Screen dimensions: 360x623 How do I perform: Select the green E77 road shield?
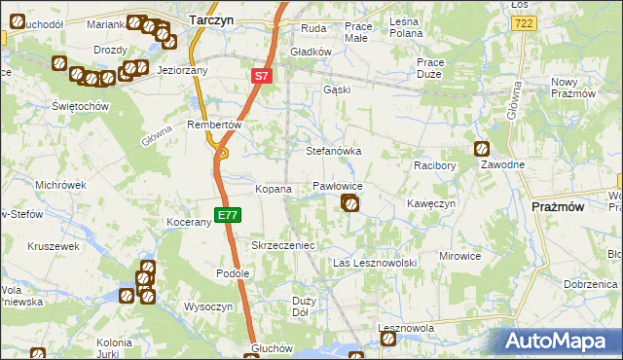point(226,214)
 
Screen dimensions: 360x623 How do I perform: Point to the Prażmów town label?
point(558,206)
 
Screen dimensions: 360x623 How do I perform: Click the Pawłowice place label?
point(338,185)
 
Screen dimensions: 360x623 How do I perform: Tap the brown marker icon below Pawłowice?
point(349,202)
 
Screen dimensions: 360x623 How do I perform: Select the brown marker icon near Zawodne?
point(482,149)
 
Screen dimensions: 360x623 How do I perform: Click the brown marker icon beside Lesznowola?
point(388,340)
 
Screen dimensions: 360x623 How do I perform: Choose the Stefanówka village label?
point(334,152)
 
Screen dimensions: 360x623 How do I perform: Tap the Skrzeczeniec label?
point(282,246)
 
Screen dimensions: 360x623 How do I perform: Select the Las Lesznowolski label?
point(375,263)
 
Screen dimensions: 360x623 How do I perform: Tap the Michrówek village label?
point(60,184)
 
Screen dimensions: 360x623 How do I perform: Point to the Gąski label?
point(336,90)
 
